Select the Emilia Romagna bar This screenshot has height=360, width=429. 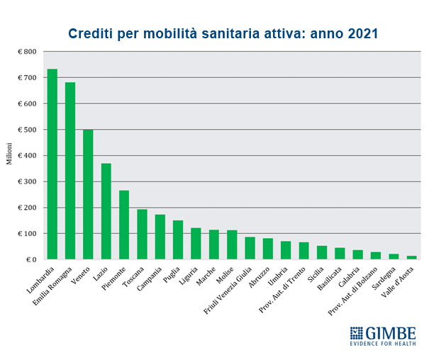coord(70,171)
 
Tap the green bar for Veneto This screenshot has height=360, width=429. coord(88,195)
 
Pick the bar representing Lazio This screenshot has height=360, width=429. coord(106,211)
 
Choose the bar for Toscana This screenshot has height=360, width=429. coord(142,235)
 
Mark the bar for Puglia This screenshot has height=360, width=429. coord(178,240)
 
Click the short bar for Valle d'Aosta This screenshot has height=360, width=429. coord(412,257)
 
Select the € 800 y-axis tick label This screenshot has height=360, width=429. coord(27,52)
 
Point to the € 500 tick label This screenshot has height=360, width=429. coord(27,130)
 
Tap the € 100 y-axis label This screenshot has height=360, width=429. coord(27,234)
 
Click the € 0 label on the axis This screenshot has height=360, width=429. coord(30,259)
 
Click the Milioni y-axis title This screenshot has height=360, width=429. coord(10,155)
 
